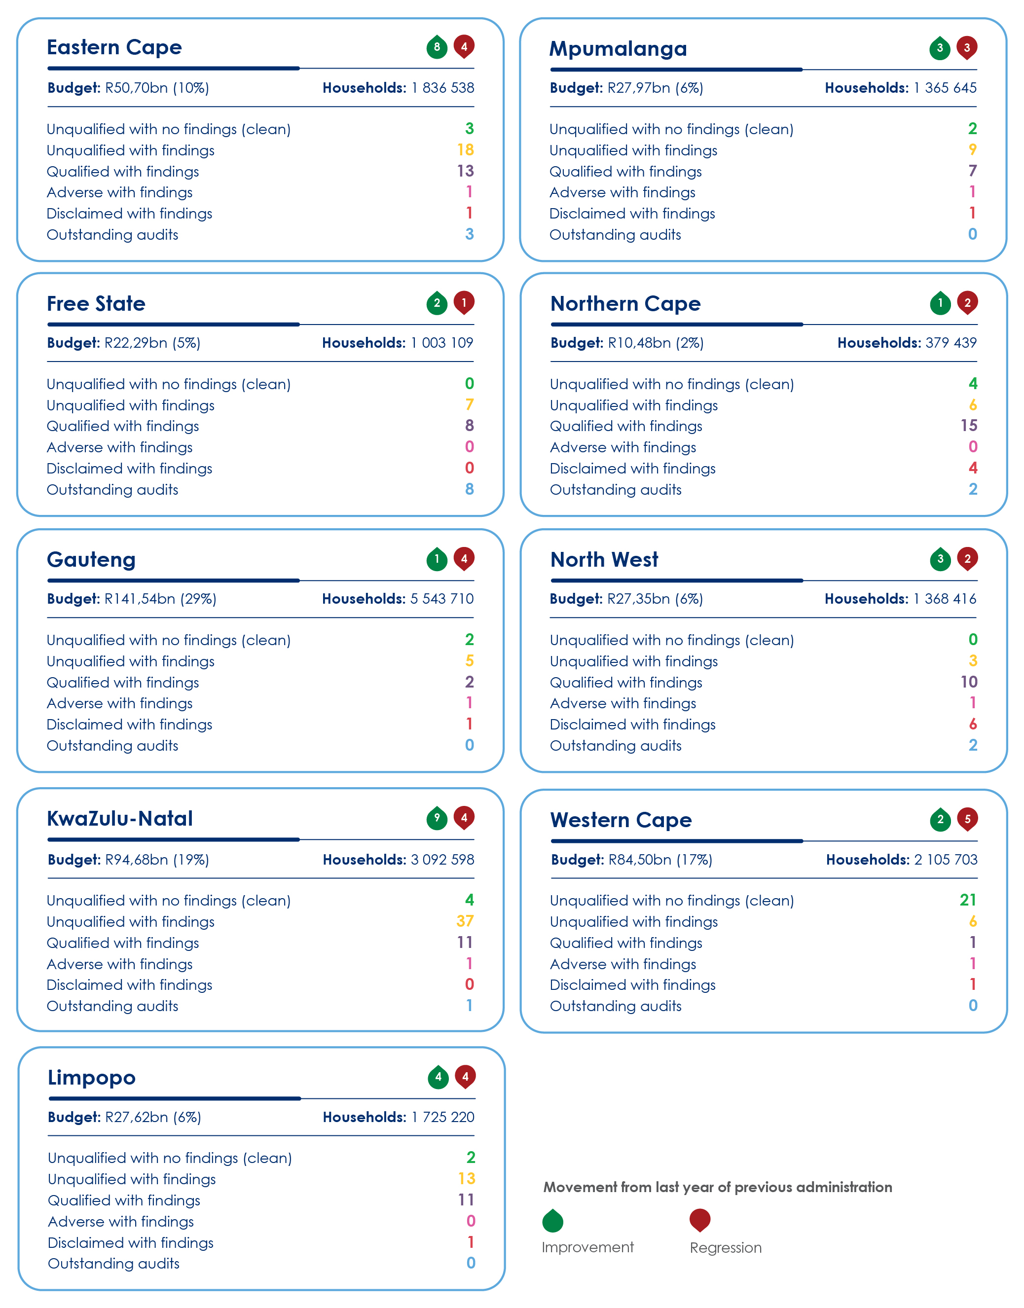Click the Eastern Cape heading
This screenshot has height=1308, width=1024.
tap(114, 47)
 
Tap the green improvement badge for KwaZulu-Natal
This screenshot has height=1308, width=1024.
tap(437, 818)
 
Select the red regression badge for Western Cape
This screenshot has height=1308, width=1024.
tap(967, 819)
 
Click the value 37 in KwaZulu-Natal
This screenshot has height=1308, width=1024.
tap(465, 921)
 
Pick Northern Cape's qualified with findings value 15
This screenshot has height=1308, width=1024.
tap(968, 426)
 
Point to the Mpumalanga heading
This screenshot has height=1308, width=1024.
tap(618, 48)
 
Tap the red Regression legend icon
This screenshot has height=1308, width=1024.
tap(699, 1220)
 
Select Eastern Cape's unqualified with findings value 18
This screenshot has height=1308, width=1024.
tap(465, 150)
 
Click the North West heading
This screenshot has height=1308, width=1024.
tap(604, 559)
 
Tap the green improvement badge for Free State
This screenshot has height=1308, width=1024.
tap(437, 303)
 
